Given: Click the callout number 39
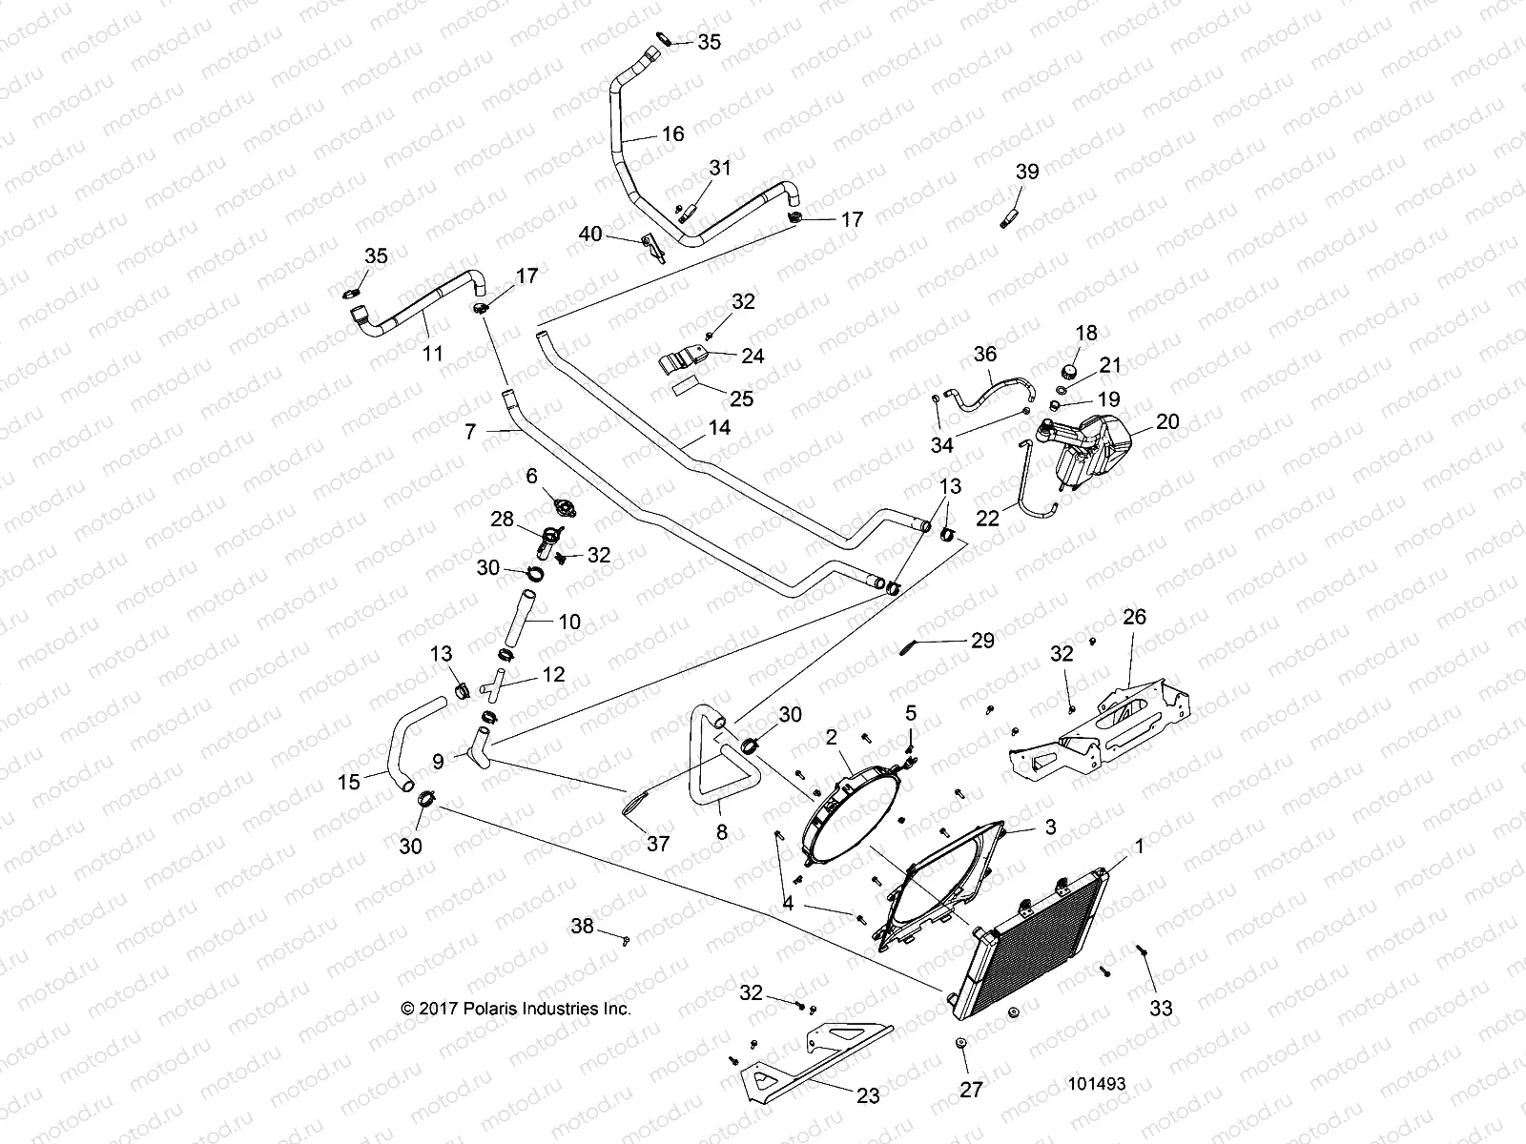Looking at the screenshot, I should coord(1026,173).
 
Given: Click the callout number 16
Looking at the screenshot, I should coord(672,134).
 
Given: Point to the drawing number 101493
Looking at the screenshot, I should coord(1097,1084).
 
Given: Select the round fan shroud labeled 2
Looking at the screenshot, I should coord(849,806).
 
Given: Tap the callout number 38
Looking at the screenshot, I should coord(583,926).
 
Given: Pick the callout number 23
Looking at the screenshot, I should coord(868,1096).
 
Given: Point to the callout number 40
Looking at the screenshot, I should coord(590,234).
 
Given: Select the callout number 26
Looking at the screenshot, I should coord(1134,618).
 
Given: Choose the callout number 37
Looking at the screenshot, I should coord(658,844).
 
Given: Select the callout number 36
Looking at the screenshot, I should coord(984,355).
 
